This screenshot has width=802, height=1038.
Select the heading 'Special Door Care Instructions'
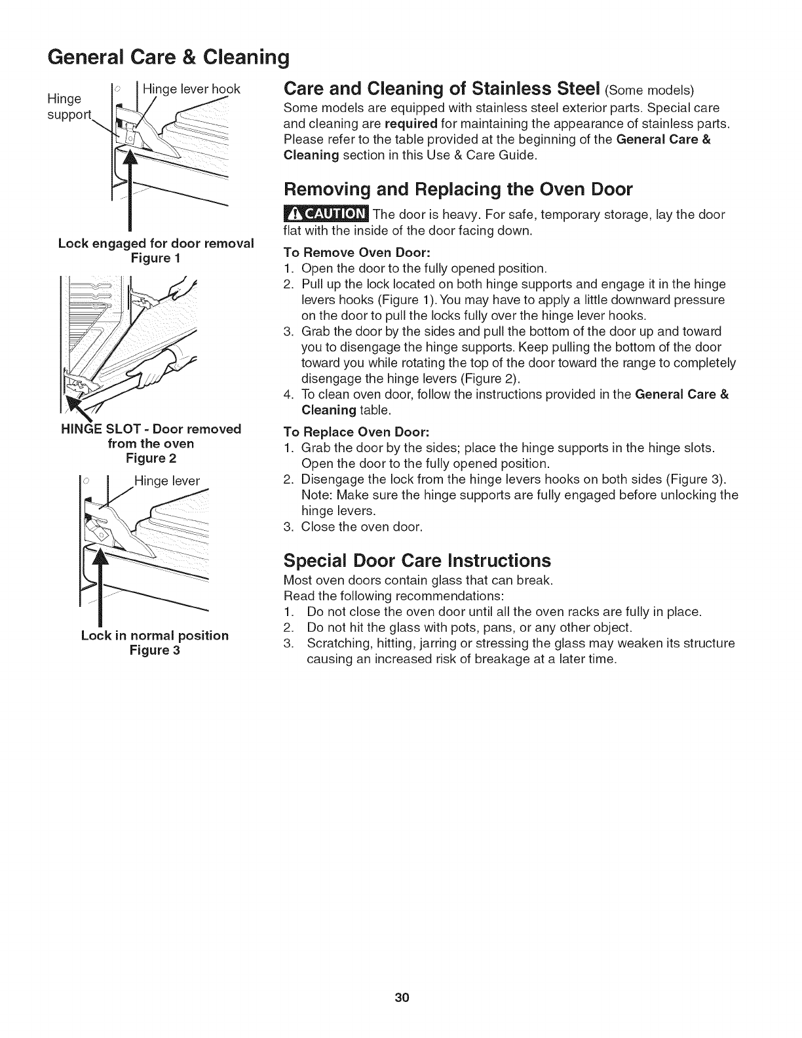tap(417, 561)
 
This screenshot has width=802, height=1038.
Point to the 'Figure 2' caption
tap(151, 459)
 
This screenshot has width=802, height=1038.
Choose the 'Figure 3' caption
tap(155, 650)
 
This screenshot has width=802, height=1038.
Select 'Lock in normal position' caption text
tap(155, 636)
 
